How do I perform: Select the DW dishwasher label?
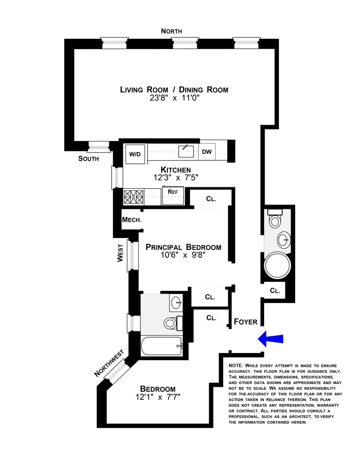click(x=207, y=152)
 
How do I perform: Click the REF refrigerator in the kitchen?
click(x=173, y=192)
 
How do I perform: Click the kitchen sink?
click(x=186, y=151)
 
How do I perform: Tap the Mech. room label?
click(x=132, y=220)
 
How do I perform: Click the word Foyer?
click(x=246, y=322)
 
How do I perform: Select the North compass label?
click(x=171, y=31)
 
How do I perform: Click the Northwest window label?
click(x=109, y=364)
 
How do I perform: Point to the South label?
click(x=89, y=158)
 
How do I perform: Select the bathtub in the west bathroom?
click(x=162, y=346)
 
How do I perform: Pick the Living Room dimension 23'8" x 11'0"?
click(x=174, y=98)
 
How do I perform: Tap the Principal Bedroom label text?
click(x=183, y=247)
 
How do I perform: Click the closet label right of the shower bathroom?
click(x=275, y=291)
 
